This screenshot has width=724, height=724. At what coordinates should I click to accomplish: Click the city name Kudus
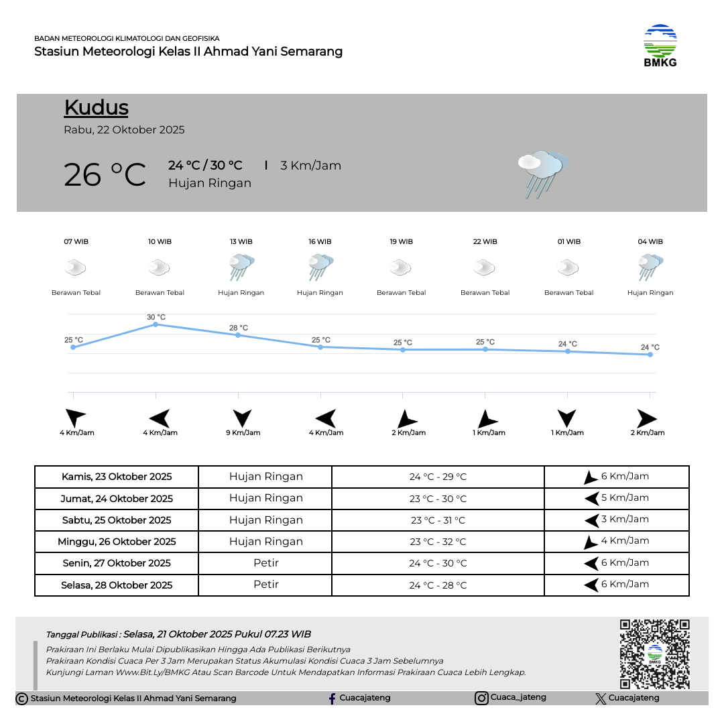coord(96,108)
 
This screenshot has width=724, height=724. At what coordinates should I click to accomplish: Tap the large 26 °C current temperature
coord(105,175)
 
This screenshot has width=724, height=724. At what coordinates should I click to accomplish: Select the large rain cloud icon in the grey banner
coord(542,174)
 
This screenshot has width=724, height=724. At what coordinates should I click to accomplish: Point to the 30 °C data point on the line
coord(156,324)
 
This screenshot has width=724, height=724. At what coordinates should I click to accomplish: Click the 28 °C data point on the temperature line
coord(238,335)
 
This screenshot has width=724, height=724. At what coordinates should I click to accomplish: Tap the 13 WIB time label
coord(241,241)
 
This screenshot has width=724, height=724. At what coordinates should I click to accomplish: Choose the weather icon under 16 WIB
coord(320,267)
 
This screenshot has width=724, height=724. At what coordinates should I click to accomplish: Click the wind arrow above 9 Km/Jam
coord(242,418)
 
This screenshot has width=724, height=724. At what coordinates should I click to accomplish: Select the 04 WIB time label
coord(650,241)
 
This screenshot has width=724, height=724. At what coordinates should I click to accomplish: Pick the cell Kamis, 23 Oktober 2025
coord(117,477)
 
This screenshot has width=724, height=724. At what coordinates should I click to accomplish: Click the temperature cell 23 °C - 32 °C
coord(438,542)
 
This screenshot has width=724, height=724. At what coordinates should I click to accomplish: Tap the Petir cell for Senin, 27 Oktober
coord(265,563)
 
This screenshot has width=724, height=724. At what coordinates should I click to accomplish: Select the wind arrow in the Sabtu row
coord(591,520)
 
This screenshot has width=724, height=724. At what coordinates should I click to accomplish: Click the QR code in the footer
coord(654,654)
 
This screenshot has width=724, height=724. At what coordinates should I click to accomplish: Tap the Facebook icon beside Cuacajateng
coord(332,699)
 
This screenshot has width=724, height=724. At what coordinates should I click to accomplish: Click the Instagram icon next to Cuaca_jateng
coord(481,699)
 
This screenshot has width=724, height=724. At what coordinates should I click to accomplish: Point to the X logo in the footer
coord(601,699)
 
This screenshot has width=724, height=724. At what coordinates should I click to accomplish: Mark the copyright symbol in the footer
coord(21,699)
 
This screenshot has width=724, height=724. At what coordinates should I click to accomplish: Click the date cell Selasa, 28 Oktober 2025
coord(117,585)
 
